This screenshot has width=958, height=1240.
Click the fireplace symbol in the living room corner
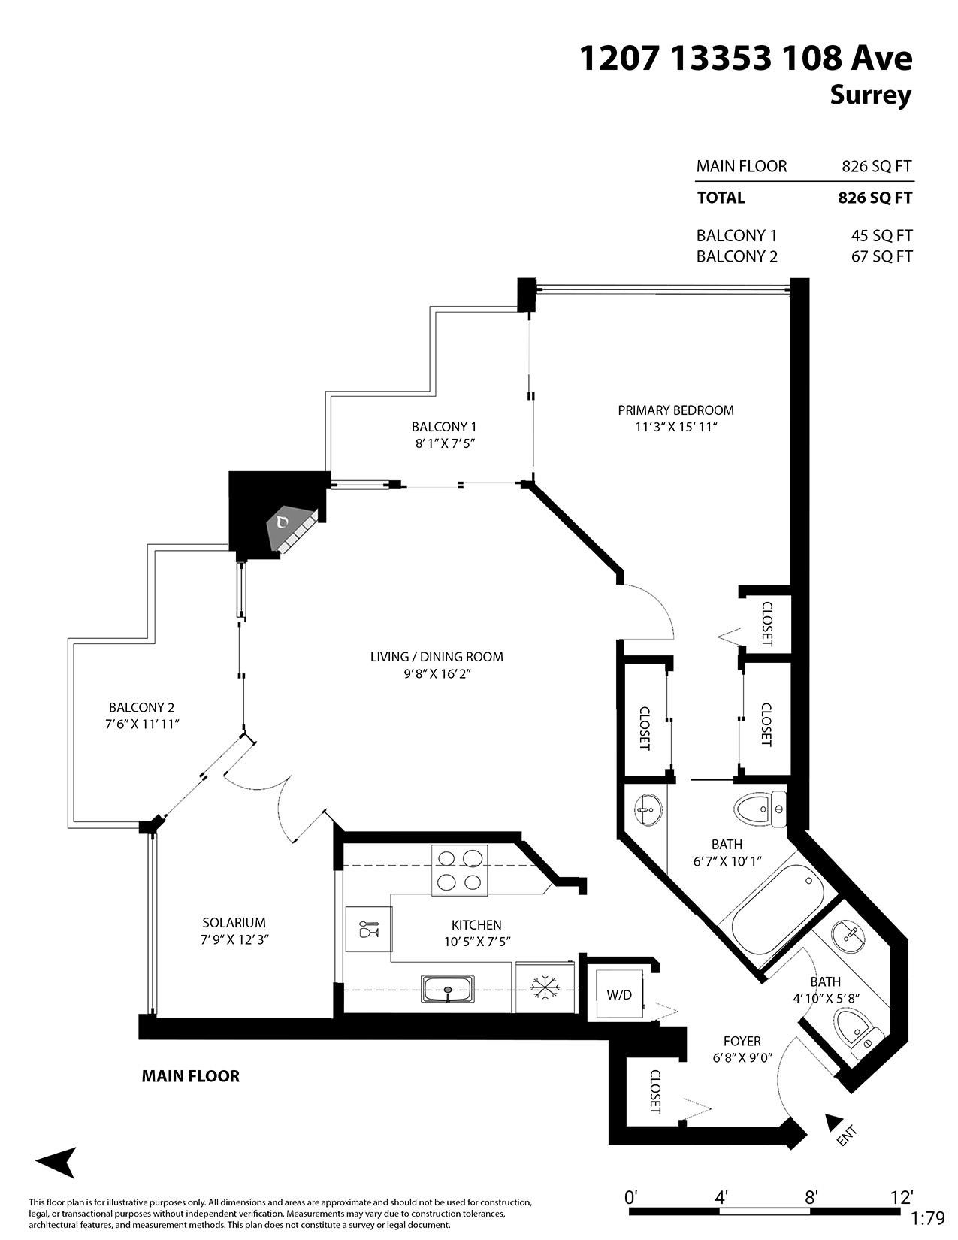pos(293,528)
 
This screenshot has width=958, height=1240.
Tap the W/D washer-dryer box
pos(620,994)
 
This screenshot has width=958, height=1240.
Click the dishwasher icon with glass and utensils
pos(368,930)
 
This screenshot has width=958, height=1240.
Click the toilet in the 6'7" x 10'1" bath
pos(760,810)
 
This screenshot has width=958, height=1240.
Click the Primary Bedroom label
pos(675,410)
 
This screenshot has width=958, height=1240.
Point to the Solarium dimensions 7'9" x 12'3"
pos(234,940)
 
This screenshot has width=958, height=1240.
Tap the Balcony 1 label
pos(444,427)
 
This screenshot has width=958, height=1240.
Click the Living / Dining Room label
pos(437,657)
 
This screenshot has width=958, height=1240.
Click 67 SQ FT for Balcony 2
pos(881,257)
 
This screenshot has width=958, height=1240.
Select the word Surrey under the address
pos(871,95)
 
